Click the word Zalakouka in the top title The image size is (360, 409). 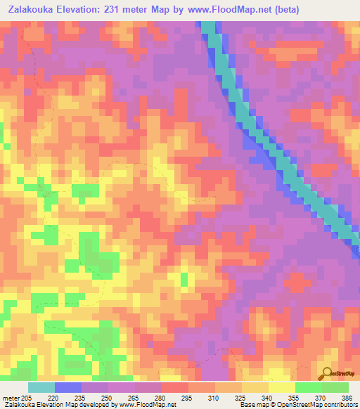click(32, 9)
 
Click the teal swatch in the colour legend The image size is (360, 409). click(41, 387)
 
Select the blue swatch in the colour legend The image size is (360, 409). click(68, 387)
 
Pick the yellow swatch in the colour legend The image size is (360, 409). click(281, 387)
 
